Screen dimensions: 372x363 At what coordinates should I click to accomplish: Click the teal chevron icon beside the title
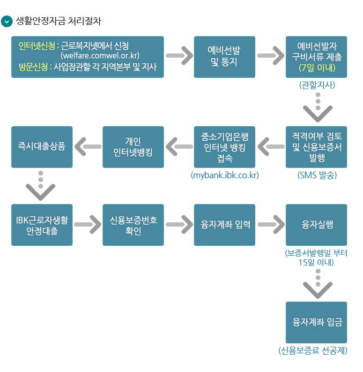pyautogui.click(x=7, y=21)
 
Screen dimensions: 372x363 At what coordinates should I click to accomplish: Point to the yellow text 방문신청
pyautogui.click(x=34, y=67)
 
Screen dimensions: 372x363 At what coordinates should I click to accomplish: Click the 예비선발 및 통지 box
pyautogui.click(x=224, y=57)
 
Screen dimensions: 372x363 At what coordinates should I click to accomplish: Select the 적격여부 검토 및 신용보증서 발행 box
pyautogui.click(x=316, y=147)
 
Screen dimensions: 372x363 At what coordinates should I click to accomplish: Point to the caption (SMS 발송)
pyautogui.click(x=317, y=175)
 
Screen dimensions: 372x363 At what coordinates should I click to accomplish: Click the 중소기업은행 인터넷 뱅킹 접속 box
pyautogui.click(x=224, y=147)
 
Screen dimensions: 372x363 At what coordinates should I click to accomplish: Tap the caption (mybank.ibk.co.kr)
pyautogui.click(x=225, y=175)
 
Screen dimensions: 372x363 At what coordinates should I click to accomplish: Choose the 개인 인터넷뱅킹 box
pyautogui.click(x=133, y=147)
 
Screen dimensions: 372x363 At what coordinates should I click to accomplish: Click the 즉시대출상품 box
pyautogui.click(x=42, y=147)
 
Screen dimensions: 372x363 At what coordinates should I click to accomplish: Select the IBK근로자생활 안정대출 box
pyautogui.click(x=42, y=225)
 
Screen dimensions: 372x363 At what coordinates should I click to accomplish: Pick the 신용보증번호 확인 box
pyautogui.click(x=133, y=225)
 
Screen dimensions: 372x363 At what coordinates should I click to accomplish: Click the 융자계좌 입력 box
pyautogui.click(x=224, y=225)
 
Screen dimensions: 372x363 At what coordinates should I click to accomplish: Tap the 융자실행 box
pyautogui.click(x=316, y=225)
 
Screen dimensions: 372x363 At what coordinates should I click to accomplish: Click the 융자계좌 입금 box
pyautogui.click(x=316, y=322)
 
